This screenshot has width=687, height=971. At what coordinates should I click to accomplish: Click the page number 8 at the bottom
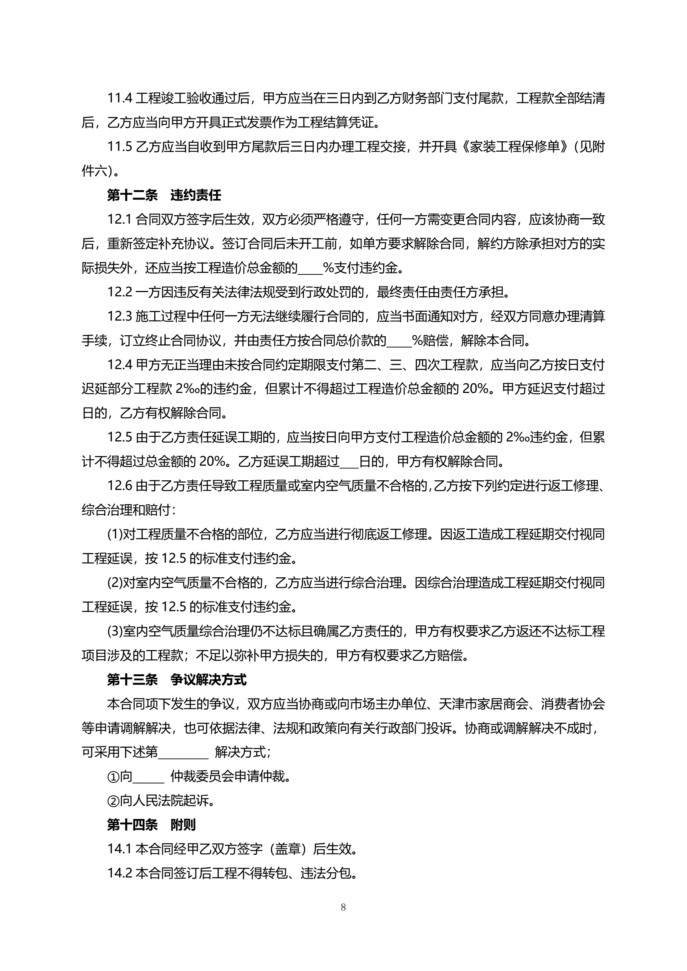point(343,907)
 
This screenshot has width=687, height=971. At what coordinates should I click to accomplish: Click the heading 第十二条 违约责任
point(164,195)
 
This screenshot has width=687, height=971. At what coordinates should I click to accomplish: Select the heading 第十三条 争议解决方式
point(176,680)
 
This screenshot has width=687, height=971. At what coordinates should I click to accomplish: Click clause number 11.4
point(120,98)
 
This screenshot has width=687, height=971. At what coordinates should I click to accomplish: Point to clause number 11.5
point(120,147)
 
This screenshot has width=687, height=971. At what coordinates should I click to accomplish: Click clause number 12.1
point(120,219)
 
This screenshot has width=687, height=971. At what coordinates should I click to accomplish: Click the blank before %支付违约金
point(310,268)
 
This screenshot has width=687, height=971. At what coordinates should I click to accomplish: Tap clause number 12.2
point(120,292)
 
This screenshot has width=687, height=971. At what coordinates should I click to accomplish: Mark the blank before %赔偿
point(399,341)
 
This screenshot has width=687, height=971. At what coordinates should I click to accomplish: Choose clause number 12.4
point(120,365)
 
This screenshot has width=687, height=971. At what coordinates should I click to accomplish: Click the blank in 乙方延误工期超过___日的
point(349,462)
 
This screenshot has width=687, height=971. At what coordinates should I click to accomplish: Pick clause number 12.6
point(120,486)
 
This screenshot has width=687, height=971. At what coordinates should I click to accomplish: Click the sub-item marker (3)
point(115,632)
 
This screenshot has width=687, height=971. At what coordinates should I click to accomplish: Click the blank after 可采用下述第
point(183,752)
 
